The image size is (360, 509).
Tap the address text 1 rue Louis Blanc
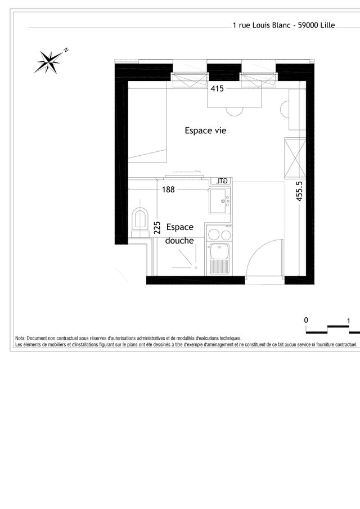click(x=262, y=25)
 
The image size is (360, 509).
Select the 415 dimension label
click(x=217, y=88)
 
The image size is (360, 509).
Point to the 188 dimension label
click(x=168, y=189)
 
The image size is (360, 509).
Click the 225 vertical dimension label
click(x=157, y=228)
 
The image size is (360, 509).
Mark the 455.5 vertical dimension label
click(x=300, y=191)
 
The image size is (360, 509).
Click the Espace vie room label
click(x=205, y=130)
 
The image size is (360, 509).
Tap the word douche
click(x=179, y=241)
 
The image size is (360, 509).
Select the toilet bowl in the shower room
click(x=140, y=219)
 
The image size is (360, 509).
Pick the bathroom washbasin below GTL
click(x=220, y=201)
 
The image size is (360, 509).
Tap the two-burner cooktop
click(x=219, y=234)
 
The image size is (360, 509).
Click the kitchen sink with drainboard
click(x=219, y=259)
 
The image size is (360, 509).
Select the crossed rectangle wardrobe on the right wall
click(x=295, y=159)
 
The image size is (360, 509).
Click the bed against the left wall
click(x=147, y=121)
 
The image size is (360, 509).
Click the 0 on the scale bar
click(x=306, y=320)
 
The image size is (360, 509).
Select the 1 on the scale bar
click(x=349, y=321)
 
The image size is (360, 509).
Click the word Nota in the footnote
click(x=20, y=338)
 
